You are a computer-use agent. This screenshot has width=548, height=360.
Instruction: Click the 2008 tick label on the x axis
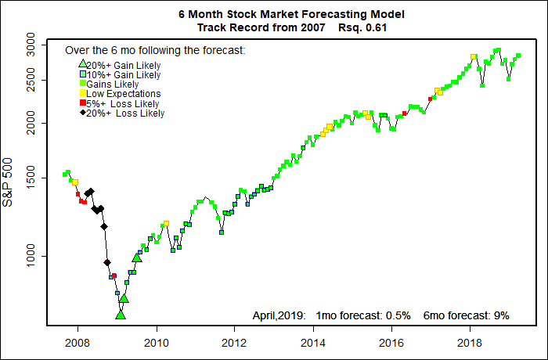click(77, 341)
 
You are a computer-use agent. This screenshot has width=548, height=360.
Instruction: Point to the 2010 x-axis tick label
click(156, 341)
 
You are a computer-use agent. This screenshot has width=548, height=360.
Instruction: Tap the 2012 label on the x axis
click(235, 341)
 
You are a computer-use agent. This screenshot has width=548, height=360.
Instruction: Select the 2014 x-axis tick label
click(313, 341)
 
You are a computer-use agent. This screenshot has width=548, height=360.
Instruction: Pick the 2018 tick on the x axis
click(470, 341)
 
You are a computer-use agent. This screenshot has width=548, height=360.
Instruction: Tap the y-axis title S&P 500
click(9, 179)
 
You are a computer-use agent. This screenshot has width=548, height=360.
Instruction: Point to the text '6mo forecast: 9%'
click(467, 315)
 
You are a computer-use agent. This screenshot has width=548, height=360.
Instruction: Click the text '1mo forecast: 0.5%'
click(363, 315)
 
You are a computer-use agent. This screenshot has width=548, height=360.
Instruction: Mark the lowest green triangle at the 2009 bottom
click(121, 315)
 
